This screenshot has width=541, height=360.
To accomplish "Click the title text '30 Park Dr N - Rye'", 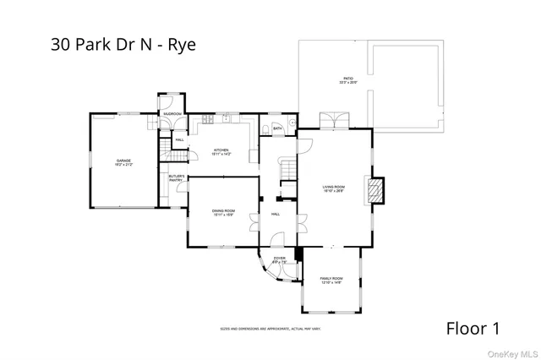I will [x=123, y=45].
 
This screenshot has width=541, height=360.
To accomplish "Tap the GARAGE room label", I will [x=124, y=161].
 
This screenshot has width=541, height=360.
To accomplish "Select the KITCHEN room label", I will [x=221, y=152].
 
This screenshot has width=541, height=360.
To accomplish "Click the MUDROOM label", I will [x=172, y=113].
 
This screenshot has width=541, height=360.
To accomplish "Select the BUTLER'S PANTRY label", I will [x=177, y=178].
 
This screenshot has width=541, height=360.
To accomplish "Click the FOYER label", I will [x=279, y=259].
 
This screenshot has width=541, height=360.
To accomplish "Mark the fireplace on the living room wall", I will [x=375, y=189].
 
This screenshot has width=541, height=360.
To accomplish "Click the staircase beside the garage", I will [x=176, y=157].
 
